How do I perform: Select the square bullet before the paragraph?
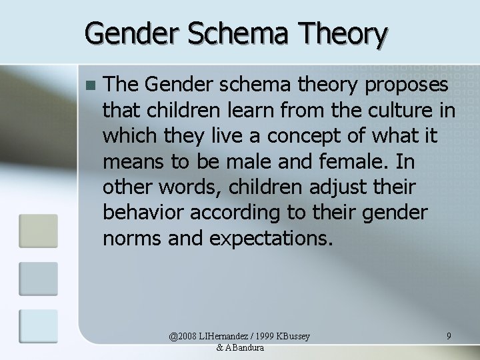91,85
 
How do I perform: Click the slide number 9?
449,337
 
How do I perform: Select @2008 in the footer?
184,337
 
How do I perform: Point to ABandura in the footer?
245,349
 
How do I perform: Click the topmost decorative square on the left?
39,230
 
